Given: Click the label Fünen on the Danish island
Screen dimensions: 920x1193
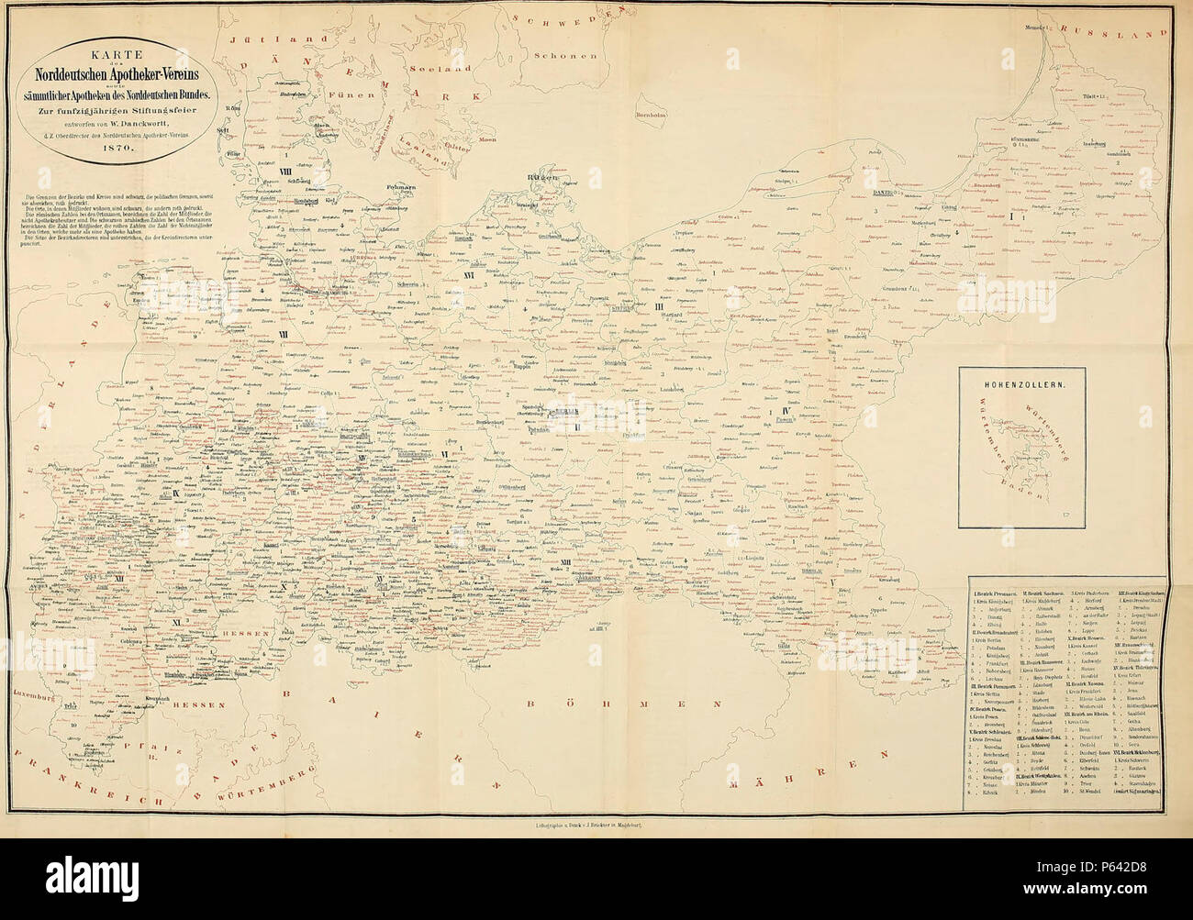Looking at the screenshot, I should pos(362,94).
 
